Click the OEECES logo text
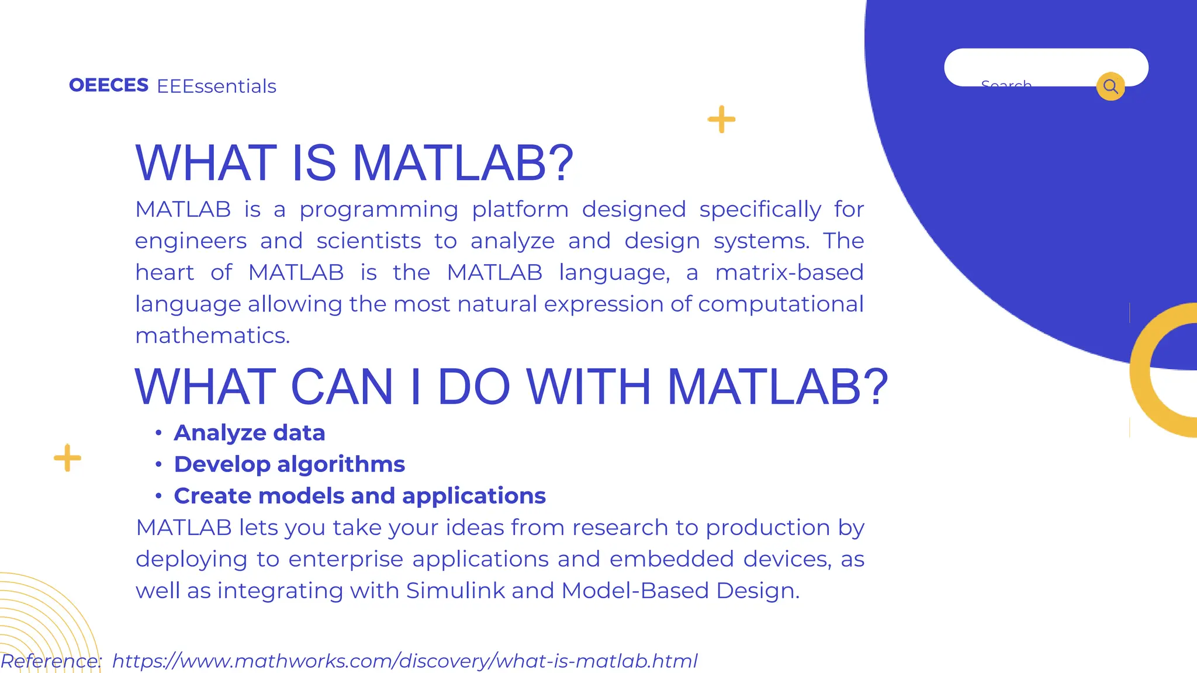(x=109, y=85)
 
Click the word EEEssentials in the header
(x=216, y=86)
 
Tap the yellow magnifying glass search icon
(x=1110, y=86)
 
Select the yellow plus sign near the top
(x=722, y=119)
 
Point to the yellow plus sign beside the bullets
(x=68, y=457)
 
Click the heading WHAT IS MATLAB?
(x=354, y=163)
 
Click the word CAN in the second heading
(x=342, y=387)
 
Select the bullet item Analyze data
(x=249, y=433)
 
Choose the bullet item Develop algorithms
(x=289, y=464)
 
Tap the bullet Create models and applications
(x=359, y=496)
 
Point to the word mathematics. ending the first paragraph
(x=213, y=336)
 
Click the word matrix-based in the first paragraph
(x=789, y=273)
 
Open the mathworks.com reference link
(x=404, y=661)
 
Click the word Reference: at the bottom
(x=51, y=661)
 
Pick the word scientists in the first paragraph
(x=368, y=241)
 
